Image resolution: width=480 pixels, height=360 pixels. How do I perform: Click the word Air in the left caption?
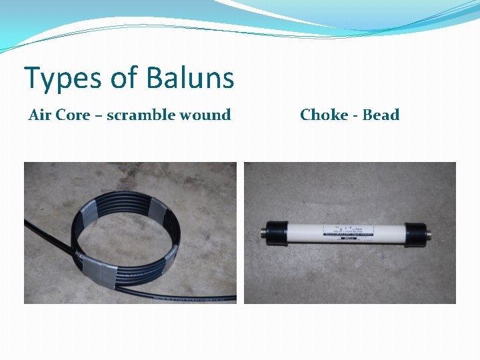point(40,115)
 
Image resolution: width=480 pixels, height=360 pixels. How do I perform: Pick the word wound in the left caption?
point(209,115)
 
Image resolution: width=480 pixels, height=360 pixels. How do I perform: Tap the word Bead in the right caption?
point(381,115)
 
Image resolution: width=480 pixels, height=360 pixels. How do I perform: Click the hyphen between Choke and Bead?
point(356,115)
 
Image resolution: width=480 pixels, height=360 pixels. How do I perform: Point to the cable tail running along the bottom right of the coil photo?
point(200,295)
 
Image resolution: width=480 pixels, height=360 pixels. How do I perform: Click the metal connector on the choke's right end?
point(428,235)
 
